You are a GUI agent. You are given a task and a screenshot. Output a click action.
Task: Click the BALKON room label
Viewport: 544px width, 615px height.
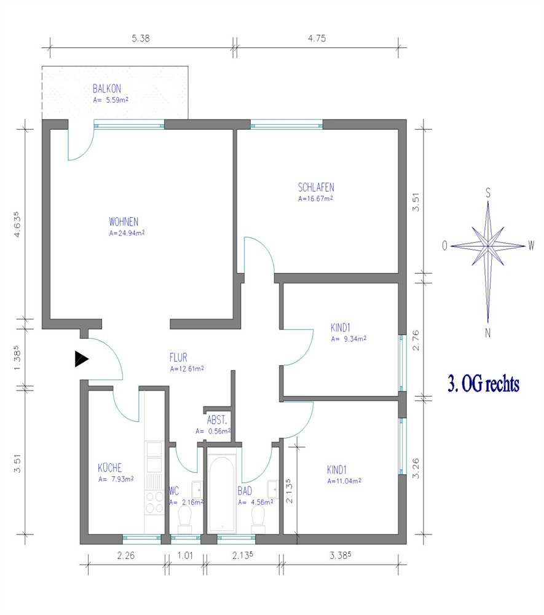tap(106, 89)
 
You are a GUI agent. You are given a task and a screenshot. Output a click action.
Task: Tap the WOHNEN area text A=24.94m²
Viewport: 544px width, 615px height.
tap(127, 233)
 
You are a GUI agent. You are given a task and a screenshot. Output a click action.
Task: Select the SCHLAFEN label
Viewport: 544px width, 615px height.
tap(316, 188)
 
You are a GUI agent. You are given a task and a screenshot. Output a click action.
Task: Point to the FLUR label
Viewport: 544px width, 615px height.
tap(178, 358)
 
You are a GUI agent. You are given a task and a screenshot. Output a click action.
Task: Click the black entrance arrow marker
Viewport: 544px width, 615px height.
tap(82, 359)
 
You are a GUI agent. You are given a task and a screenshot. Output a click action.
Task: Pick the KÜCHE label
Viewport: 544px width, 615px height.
tap(110, 467)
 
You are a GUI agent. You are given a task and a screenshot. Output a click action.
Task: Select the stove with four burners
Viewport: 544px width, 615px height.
tap(154, 502)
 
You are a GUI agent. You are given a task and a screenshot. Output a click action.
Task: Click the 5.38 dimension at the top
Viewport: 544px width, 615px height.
tap(141, 38)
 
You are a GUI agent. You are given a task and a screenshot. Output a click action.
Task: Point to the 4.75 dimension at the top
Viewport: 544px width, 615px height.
tap(317, 38)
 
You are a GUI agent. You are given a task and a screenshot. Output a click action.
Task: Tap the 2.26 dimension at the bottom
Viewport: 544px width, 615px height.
tap(126, 555)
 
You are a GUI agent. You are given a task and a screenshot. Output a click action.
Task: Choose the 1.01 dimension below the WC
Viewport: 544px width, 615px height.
tap(185, 555)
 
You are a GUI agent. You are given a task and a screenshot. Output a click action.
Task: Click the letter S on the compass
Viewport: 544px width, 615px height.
tap(488, 193)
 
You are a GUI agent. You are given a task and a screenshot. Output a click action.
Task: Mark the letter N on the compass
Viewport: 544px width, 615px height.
tap(488, 333)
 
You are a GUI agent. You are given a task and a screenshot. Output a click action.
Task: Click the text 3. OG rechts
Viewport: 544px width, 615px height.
tap(484, 384)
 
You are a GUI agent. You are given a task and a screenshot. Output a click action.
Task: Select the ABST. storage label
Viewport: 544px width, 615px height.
tap(217, 420)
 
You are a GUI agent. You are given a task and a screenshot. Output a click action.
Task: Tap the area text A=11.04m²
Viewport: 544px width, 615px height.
tap(344, 482)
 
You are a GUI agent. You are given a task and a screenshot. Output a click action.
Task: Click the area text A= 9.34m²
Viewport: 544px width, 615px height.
tap(349, 339)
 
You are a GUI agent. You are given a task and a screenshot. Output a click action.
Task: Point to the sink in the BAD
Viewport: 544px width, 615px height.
tap(273, 489)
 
